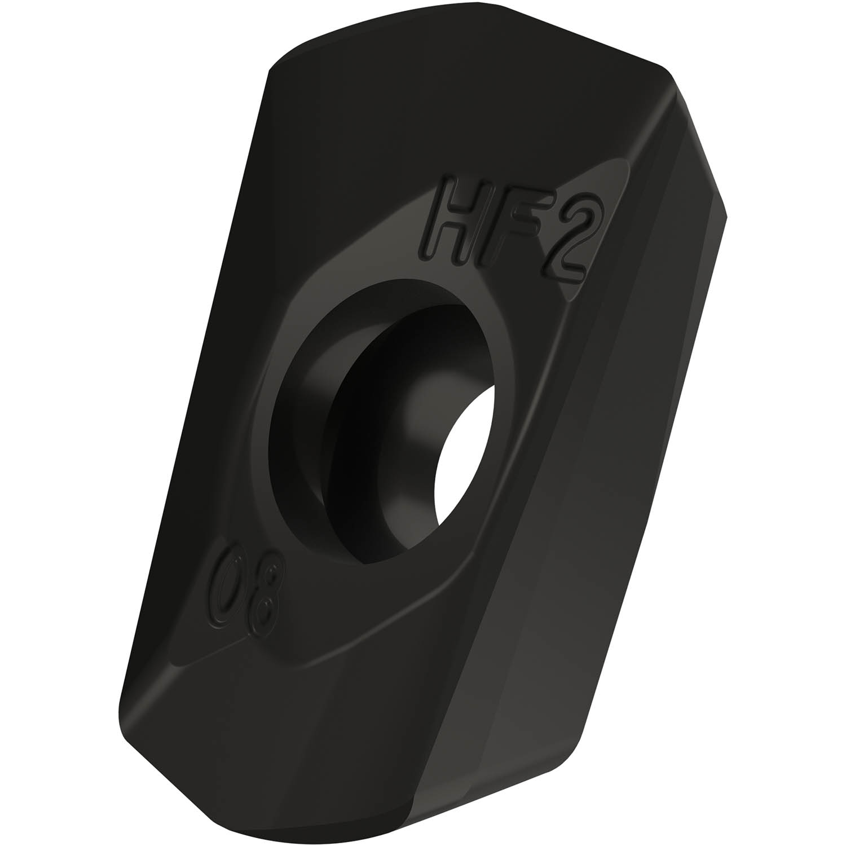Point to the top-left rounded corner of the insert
coord(276,73)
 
